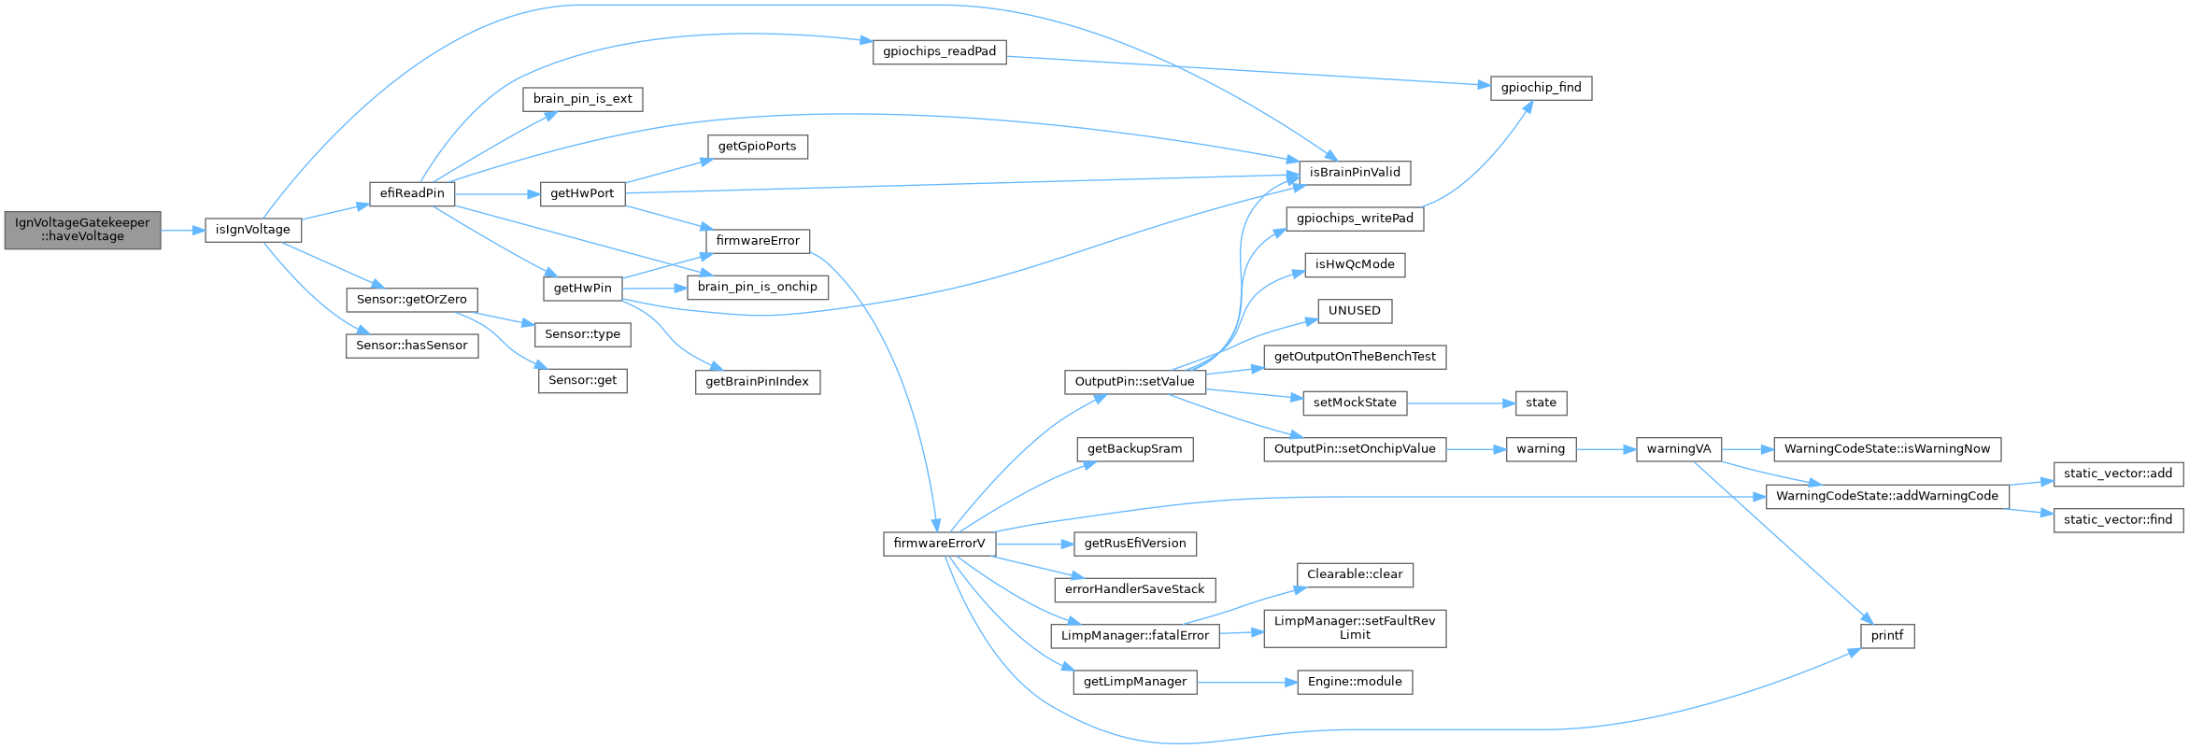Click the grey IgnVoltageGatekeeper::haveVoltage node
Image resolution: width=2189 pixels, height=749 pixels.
pos(82,230)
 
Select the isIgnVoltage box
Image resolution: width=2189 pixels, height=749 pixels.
pos(253,230)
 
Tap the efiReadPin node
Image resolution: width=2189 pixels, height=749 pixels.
pos(412,193)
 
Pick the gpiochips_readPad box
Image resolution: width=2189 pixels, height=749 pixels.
pos(939,51)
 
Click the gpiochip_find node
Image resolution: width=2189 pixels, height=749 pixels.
pos(1541,88)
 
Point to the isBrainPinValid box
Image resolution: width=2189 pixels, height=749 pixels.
pos(1355,173)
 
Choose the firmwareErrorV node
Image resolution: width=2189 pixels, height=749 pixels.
pos(939,544)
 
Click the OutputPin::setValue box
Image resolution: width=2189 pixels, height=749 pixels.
pos(1134,382)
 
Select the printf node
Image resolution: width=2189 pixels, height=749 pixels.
pos(1886,636)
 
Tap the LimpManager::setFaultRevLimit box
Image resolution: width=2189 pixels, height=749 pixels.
pos(1355,628)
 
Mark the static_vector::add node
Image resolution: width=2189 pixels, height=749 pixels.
pos(2118,473)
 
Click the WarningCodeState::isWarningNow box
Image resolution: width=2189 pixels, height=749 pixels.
pos(1887,449)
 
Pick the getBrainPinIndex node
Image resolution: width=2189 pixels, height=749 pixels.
pos(757,382)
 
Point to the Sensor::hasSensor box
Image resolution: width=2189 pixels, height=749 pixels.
pos(411,346)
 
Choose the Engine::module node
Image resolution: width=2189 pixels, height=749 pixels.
pos(1355,682)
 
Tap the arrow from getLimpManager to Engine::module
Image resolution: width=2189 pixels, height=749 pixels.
pos(1247,682)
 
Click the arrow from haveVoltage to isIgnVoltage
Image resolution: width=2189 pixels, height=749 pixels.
pos(183,230)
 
